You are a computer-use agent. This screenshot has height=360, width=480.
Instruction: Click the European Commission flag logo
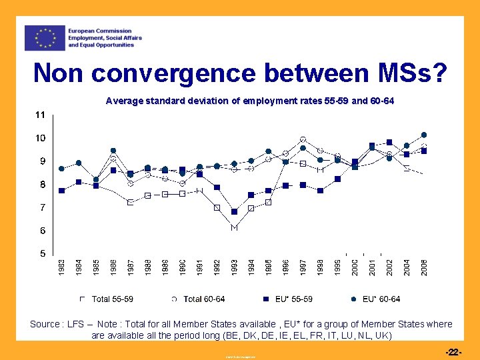click(45, 38)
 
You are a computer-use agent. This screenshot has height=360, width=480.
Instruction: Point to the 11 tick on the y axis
click(40, 115)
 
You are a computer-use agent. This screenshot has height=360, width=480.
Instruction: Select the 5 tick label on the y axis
click(42, 254)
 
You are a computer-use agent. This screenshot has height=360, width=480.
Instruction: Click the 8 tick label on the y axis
click(42, 185)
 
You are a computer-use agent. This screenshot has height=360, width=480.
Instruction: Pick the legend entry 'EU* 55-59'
click(289, 299)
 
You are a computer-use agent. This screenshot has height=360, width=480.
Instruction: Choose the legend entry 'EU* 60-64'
click(380, 299)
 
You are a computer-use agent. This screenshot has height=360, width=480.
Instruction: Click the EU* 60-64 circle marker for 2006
click(424, 135)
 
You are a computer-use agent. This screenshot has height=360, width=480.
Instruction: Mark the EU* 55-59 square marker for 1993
click(235, 212)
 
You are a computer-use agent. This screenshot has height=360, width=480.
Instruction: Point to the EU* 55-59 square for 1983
click(61, 191)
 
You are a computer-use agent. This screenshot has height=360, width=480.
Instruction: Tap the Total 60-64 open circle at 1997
click(303, 140)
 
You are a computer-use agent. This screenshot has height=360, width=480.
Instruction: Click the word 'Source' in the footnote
click(44, 324)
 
